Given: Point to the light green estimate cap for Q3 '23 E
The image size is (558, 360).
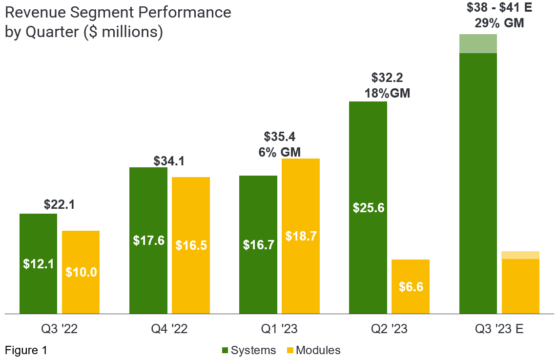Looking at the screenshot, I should tap(478, 43).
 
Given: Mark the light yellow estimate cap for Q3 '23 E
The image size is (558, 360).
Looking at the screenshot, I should tap(520, 255).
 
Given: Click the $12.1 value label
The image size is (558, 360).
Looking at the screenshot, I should tap(38, 263).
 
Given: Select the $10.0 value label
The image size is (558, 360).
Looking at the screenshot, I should tap(81, 272).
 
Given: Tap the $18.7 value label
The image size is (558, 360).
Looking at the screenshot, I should tap(301, 236).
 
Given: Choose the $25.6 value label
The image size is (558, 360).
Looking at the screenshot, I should tap(368, 208).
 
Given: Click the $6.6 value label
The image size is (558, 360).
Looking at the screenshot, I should tap(411, 287).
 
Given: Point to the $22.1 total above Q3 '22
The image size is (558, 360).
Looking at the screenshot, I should tap(60, 204).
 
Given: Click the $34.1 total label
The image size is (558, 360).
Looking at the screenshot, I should tap(169, 160).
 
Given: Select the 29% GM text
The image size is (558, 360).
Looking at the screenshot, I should tap(499, 22).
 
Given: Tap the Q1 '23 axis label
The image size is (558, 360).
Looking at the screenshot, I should tap(279, 329).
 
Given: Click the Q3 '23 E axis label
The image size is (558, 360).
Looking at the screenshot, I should tap(499, 329).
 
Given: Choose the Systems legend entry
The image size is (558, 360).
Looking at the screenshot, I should tap(248, 350).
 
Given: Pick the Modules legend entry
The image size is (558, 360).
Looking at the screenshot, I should tap(313, 350).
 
